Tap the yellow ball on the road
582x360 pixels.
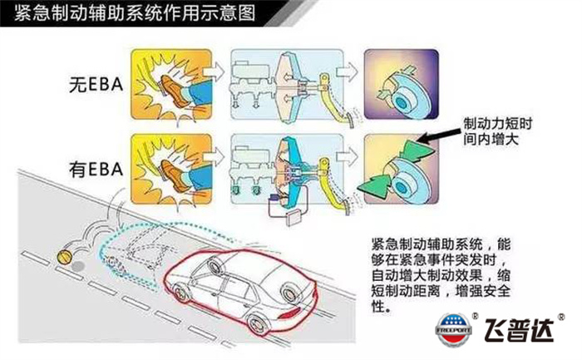[63, 254]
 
